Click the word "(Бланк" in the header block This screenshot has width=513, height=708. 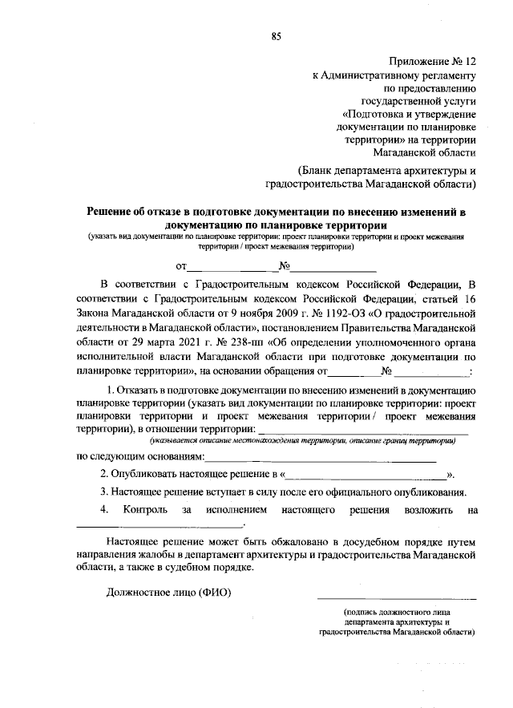coord(314,170)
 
